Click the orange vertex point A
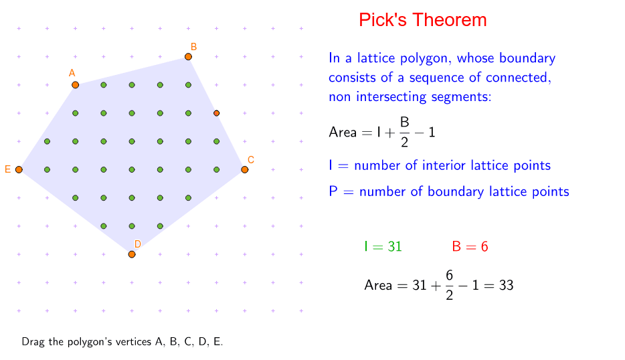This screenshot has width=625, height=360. (x=75, y=85)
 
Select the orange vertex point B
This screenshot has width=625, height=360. (x=188, y=57)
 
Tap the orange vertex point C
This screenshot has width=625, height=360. (x=245, y=170)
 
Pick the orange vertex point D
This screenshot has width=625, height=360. (x=132, y=254)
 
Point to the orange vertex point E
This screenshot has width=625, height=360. (x=19, y=170)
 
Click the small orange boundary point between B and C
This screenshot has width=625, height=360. (x=216, y=113)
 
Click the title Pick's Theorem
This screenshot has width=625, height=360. (x=422, y=20)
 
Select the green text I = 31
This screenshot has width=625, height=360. (x=383, y=246)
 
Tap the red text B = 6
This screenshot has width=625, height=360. (x=470, y=246)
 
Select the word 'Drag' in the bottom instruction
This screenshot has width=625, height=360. (x=33, y=342)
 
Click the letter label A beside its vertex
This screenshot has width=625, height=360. (x=72, y=72)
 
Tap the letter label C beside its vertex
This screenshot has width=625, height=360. (x=251, y=159)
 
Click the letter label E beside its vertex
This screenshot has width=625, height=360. (x=8, y=170)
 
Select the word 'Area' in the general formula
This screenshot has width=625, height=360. (x=343, y=132)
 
